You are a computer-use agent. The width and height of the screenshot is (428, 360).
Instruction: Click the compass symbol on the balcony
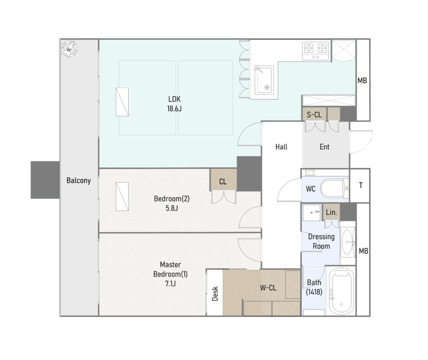pos(69,49)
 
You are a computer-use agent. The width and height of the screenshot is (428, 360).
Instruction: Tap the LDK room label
pos(174,99)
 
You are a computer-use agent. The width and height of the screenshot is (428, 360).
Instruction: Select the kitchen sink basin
pos(264,80)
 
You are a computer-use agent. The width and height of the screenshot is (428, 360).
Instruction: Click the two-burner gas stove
pos(316,51)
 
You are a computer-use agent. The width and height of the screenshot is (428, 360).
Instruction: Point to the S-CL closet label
pos(314,115)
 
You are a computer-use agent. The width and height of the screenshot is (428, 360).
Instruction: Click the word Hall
pos(281,147)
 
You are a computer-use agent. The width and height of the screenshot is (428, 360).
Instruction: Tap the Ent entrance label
pos(324,147)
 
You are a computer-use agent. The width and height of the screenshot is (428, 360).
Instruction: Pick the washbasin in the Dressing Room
pos(348,242)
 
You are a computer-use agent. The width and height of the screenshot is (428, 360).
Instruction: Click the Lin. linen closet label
pos(331,212)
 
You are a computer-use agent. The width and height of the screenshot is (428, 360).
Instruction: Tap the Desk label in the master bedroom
pos(215,294)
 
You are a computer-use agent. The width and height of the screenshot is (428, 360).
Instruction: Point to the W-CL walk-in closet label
pos(268,288)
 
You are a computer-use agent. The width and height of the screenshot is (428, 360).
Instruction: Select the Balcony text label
pos(79,181)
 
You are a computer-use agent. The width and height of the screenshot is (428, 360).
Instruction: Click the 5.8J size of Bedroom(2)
pos(172,208)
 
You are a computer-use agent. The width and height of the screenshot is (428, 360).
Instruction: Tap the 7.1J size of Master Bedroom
pos(171,284)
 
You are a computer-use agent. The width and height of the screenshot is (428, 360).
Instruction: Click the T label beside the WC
pos(361,186)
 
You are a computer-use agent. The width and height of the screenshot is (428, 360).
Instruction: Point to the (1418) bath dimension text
pos(314,292)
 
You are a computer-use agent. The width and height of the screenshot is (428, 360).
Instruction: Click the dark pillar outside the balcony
pos(45,180)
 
